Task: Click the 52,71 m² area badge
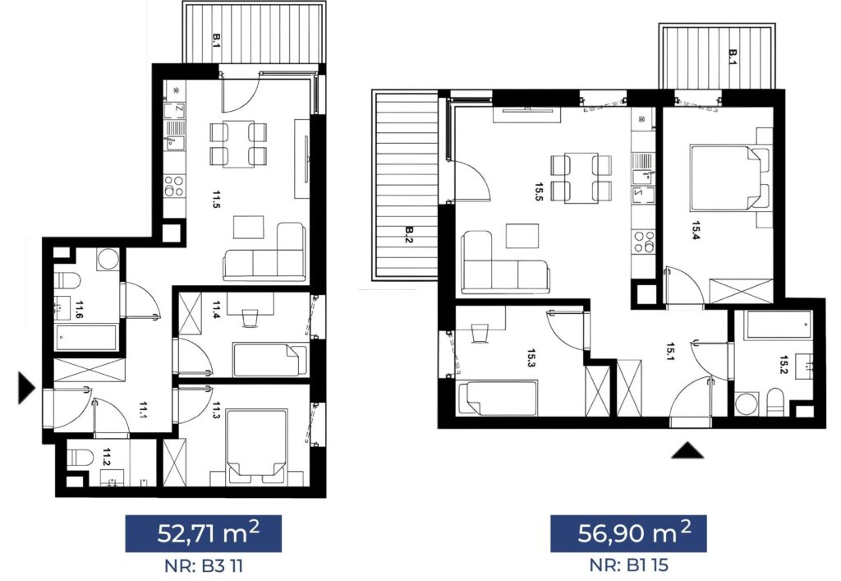(x=204, y=533)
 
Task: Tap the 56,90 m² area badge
(x=628, y=533)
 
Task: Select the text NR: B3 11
(x=204, y=565)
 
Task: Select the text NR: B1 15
(x=628, y=565)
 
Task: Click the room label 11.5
(x=216, y=199)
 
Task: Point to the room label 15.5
(x=539, y=191)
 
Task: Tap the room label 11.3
(x=216, y=410)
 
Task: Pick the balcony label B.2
(x=409, y=234)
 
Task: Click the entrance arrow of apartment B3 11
(x=26, y=387)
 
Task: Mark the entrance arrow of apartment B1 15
(x=687, y=451)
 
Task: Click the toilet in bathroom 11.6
(x=68, y=280)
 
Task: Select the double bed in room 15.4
(x=729, y=177)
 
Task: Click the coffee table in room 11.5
(x=249, y=228)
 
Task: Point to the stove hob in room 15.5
(x=644, y=242)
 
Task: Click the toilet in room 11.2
(x=80, y=458)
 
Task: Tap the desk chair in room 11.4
(x=250, y=317)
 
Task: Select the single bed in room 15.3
(x=496, y=398)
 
